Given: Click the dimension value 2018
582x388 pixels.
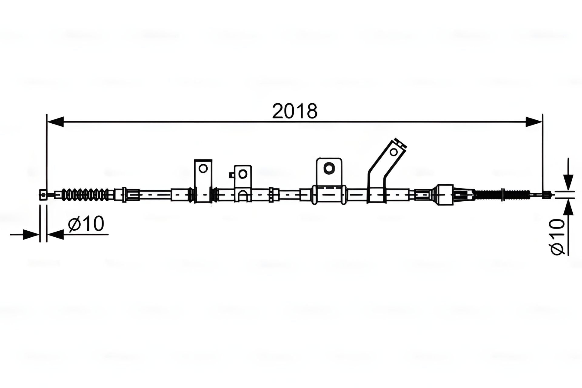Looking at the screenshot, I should pyautogui.click(x=294, y=111).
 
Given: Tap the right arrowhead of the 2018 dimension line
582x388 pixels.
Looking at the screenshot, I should pyautogui.click(x=534, y=122).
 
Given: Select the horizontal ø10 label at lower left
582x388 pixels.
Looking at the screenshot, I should pyautogui.click(x=86, y=224).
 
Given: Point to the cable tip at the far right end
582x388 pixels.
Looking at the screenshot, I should pyautogui.click(x=546, y=194).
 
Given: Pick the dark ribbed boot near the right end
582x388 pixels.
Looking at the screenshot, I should pyautogui.click(x=488, y=194).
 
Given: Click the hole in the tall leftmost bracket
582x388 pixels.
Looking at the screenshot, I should pyautogui.click(x=203, y=168).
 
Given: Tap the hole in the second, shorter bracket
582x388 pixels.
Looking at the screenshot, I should pyautogui.click(x=242, y=174).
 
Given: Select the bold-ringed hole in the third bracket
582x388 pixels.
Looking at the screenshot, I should pyautogui.click(x=329, y=168).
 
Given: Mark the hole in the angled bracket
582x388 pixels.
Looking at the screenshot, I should pyautogui.click(x=393, y=152).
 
